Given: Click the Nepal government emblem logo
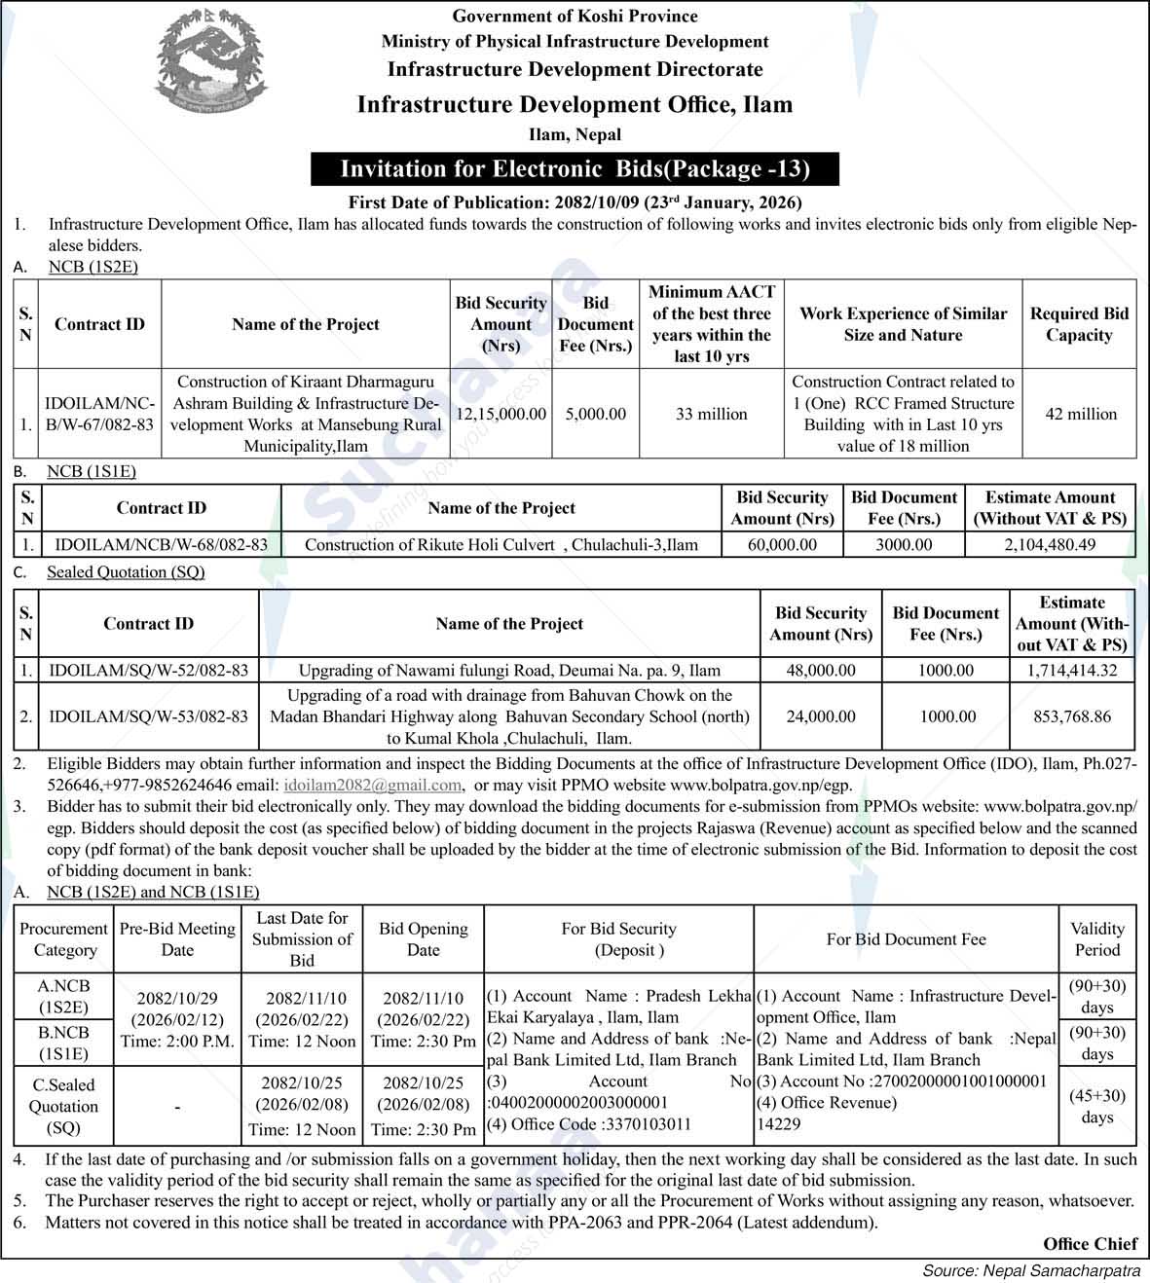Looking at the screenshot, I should pyautogui.click(x=209, y=61).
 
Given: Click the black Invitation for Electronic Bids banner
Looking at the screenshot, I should pyautogui.click(x=575, y=168).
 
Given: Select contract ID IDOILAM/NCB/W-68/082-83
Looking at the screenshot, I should pyautogui.click(x=161, y=544).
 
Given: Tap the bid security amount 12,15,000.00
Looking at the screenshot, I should pyautogui.click(x=501, y=414).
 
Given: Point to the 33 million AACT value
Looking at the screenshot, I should pyautogui.click(x=711, y=414).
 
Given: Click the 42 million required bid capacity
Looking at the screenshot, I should pyautogui.click(x=1079, y=414).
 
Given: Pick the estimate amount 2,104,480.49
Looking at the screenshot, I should pyautogui.click(x=1050, y=544).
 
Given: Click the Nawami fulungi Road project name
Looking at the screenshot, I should pyautogui.click(x=509, y=670).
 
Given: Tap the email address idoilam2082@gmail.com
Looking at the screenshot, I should pyautogui.click(x=372, y=785).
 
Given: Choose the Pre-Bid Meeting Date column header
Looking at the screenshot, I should pyautogui.click(x=177, y=938).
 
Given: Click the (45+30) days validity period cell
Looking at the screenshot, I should pyautogui.click(x=1096, y=1106).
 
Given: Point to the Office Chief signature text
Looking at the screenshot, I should pyautogui.click(x=1090, y=1244).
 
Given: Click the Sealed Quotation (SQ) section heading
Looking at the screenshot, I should pyautogui.click(x=126, y=571).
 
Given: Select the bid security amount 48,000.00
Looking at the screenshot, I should pyautogui.click(x=821, y=670).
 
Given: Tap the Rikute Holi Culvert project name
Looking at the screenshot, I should pyautogui.click(x=501, y=544).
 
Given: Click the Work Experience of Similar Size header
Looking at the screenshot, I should pyautogui.click(x=903, y=324).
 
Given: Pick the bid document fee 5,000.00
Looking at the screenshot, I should pyautogui.click(x=595, y=414).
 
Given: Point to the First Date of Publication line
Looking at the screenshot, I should pyautogui.click(x=575, y=202).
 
